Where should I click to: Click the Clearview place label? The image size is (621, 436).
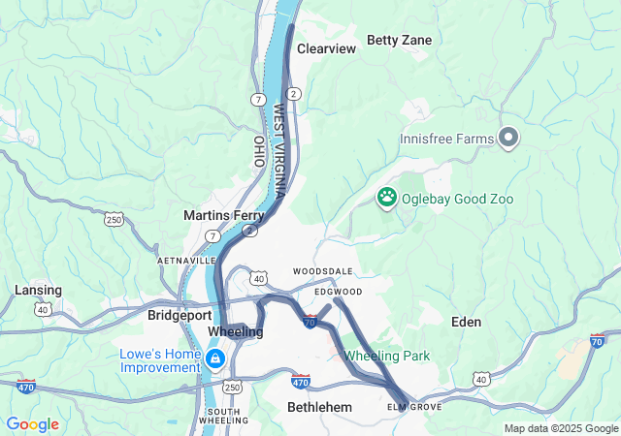tap(326, 48)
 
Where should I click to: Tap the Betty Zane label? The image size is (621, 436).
tap(399, 40)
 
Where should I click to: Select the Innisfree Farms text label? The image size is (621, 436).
tap(447, 139)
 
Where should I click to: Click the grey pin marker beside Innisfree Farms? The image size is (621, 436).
tap(507, 138)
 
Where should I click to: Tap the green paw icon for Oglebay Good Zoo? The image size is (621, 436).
tap(387, 199)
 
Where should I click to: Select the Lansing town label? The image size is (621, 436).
tap(38, 290)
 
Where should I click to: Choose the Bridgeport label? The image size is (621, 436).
tap(173, 316)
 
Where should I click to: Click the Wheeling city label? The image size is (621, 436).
tap(236, 332)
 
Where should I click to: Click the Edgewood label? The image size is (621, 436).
tap(338, 292)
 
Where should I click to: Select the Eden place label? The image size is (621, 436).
tap(466, 322)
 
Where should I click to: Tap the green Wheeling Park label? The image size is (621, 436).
tap(387, 356)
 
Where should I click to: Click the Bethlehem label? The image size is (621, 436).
tap(319, 407)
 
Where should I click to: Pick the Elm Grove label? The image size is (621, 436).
tap(414, 407)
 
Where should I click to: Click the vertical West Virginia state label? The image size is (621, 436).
tap(279, 150)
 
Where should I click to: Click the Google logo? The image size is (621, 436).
tap(33, 424)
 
